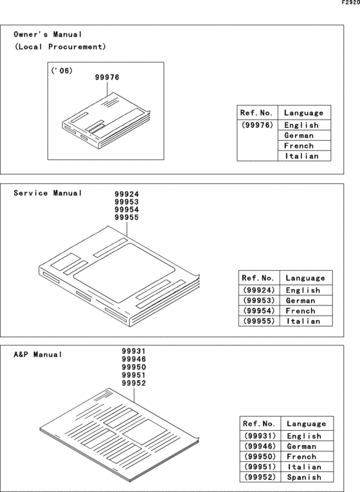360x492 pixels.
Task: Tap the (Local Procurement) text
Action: click(60, 47)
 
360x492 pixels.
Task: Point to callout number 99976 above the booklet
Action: click(107, 78)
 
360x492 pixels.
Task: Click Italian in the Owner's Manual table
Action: click(301, 156)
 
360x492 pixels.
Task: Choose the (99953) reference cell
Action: click(259, 300)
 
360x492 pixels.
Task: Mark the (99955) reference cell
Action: click(259, 321)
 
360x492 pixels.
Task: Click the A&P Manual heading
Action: click(39, 354)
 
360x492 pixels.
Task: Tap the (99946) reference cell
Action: click(260, 446)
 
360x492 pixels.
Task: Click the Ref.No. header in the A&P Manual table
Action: click(260, 424)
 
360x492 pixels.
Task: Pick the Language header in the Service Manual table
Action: click(305, 278)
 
